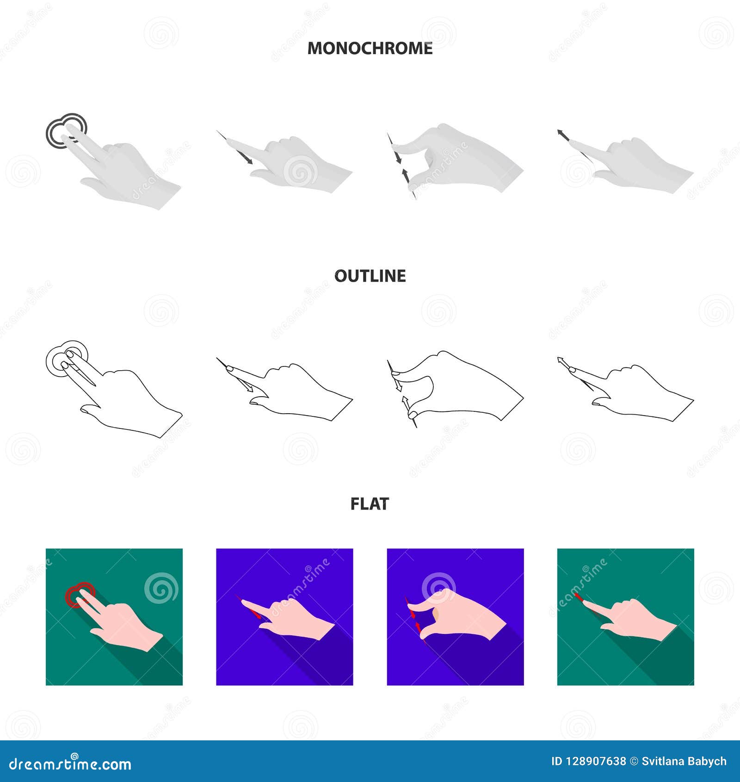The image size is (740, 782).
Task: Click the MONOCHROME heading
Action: (x=370, y=48)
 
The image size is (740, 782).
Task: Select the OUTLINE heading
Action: (x=370, y=276)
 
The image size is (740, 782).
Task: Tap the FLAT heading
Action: (x=370, y=503)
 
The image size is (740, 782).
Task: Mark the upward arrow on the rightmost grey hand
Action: (x=562, y=135)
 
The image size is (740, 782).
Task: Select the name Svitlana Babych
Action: (x=684, y=762)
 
